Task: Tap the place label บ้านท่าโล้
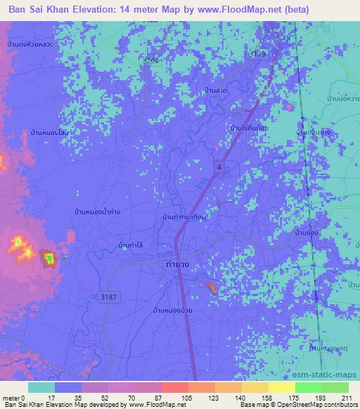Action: [132, 245]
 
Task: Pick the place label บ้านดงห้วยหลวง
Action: [31, 45]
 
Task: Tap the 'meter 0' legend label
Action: [14, 397]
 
